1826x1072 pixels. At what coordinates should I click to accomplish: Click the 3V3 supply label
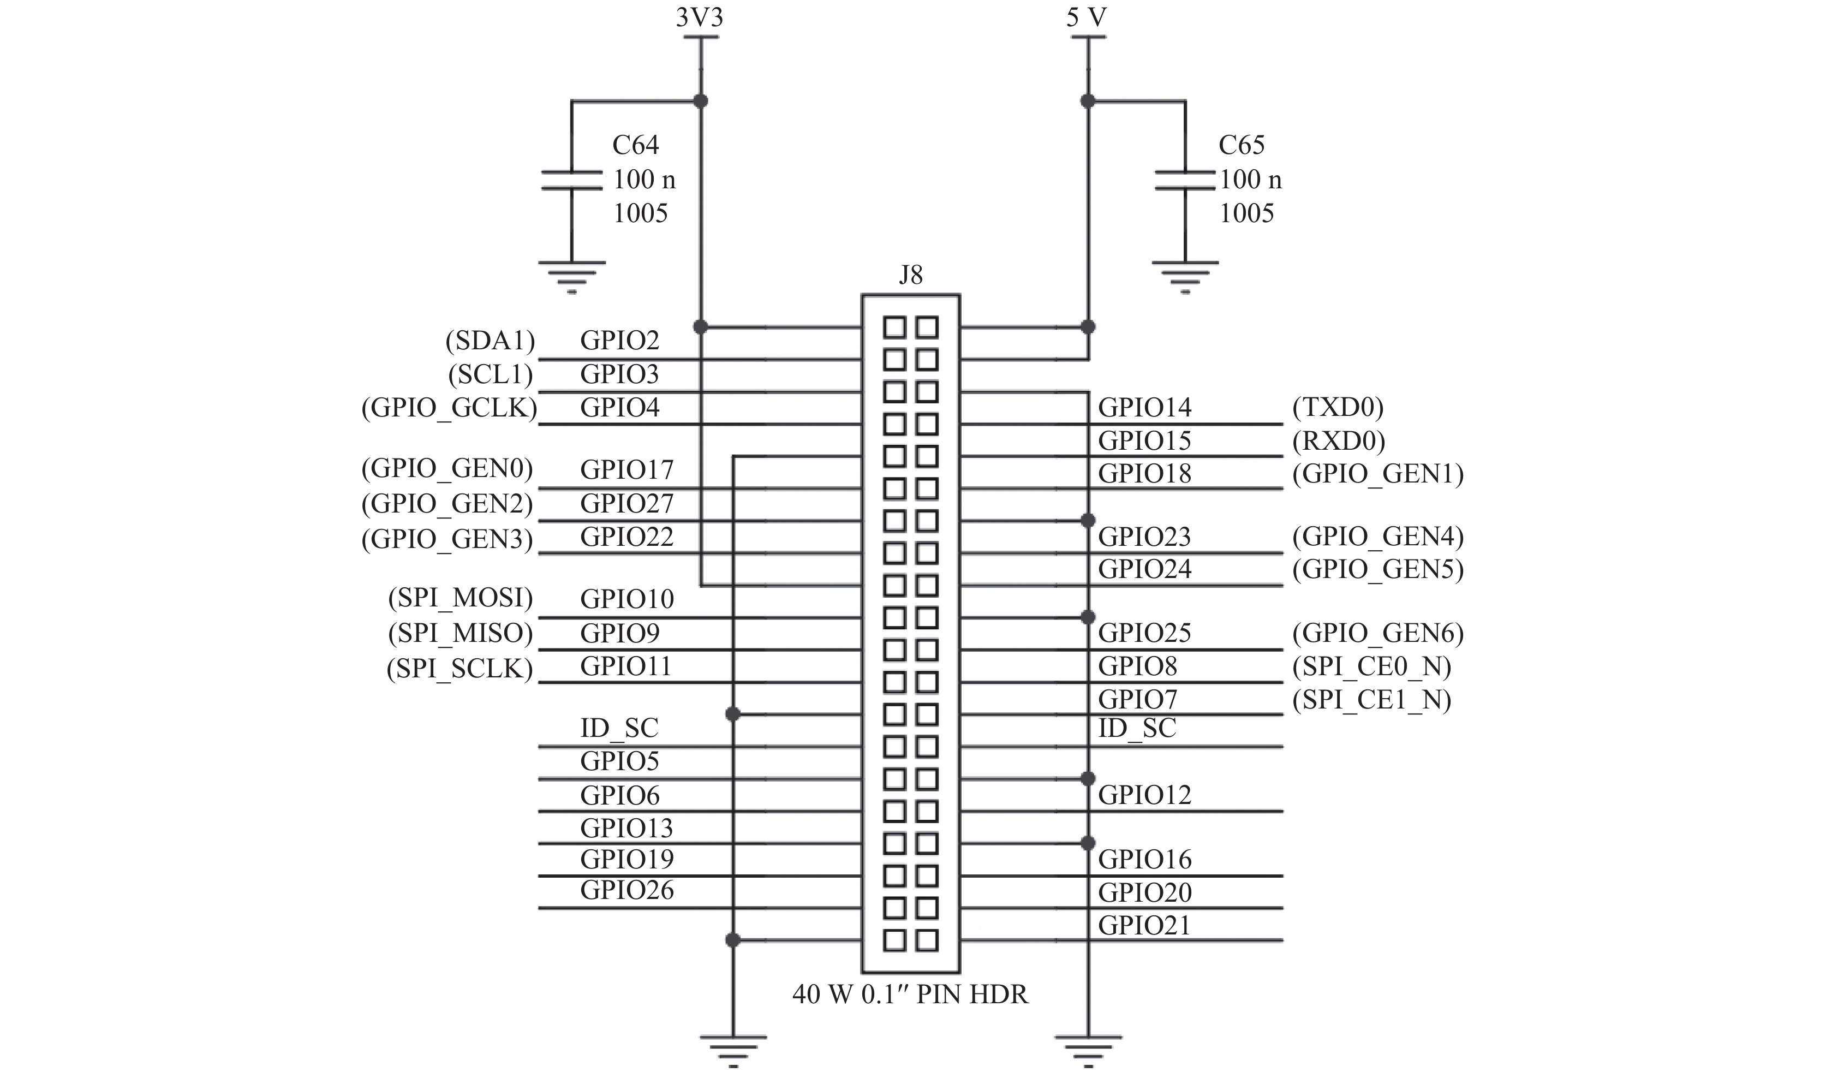pyautogui.click(x=699, y=17)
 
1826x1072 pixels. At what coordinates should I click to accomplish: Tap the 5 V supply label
pyautogui.click(x=1086, y=17)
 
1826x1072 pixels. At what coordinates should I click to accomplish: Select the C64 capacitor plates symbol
pyautogui.click(x=572, y=180)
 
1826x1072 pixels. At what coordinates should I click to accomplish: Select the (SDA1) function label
pyautogui.click(x=490, y=340)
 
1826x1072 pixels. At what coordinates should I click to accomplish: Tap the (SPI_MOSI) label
pyautogui.click(x=460, y=598)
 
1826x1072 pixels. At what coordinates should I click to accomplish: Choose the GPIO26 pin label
pyautogui.click(x=627, y=890)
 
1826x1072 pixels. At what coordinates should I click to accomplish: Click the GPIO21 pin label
pyautogui.click(x=1144, y=926)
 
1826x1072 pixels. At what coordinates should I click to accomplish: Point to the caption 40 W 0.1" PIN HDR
pyautogui.click(x=910, y=994)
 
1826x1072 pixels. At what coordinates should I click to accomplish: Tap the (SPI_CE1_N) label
pyautogui.click(x=1371, y=700)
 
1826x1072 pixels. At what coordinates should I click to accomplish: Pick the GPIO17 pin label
pyautogui.click(x=627, y=469)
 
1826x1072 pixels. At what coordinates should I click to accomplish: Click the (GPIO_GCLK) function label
pyautogui.click(x=449, y=408)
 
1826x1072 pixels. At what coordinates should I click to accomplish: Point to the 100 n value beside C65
pyautogui.click(x=1251, y=179)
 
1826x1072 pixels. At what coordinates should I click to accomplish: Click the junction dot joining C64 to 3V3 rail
pyautogui.click(x=700, y=101)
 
